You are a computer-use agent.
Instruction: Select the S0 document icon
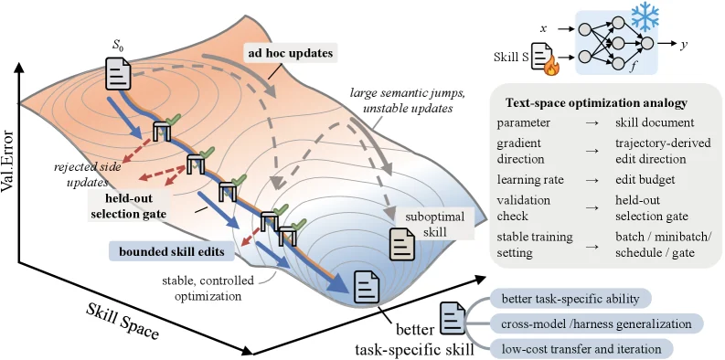click(x=118, y=72)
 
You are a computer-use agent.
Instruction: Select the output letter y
click(x=683, y=46)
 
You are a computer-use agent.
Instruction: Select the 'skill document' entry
click(x=655, y=123)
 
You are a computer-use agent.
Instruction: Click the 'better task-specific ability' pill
click(x=570, y=299)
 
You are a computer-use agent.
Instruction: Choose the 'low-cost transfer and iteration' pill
click(x=581, y=348)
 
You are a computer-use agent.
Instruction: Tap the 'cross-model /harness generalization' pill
click(x=596, y=323)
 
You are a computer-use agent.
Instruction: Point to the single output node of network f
click(x=647, y=44)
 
